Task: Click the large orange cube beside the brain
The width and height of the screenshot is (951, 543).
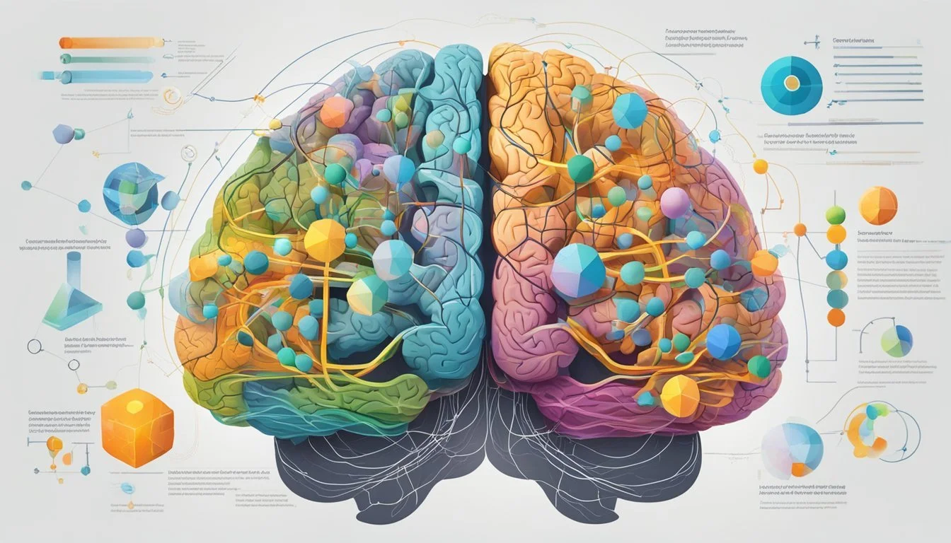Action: (x=137, y=426)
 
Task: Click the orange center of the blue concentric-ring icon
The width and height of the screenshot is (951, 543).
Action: (x=791, y=84)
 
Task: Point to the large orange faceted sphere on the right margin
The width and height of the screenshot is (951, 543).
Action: (x=878, y=206)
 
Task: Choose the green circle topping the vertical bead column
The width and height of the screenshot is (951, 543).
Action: (x=836, y=215)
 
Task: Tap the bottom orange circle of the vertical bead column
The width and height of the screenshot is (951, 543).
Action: (x=836, y=317)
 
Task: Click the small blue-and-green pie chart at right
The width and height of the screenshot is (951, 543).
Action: (x=897, y=341)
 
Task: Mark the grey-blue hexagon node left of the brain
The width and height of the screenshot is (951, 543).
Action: (x=64, y=134)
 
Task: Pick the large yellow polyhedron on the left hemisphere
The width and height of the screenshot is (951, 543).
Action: (x=324, y=240)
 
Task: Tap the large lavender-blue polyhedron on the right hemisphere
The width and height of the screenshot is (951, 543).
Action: (x=578, y=271)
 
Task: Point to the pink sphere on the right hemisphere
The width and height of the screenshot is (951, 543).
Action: (x=675, y=203)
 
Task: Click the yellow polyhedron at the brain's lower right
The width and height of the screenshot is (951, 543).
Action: (x=679, y=396)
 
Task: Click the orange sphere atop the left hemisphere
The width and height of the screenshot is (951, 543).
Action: (x=336, y=112)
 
